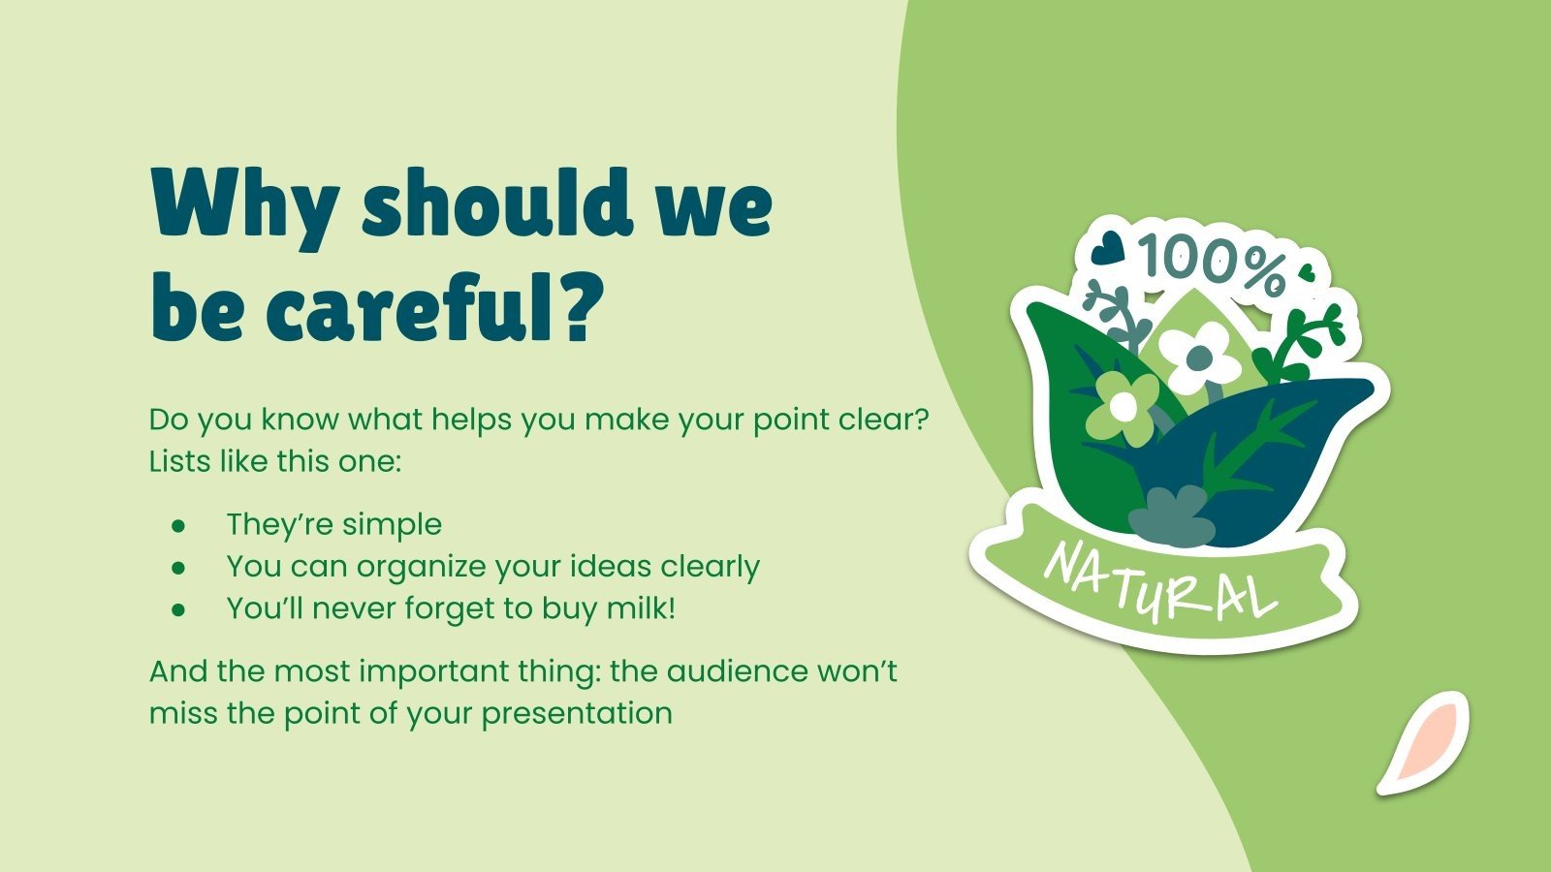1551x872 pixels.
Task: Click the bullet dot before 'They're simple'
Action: point(178,525)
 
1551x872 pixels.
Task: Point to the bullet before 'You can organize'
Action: point(178,568)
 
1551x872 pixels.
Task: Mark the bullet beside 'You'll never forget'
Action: point(178,609)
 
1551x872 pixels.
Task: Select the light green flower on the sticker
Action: point(1122,407)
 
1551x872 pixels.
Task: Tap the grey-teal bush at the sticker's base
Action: point(1172,515)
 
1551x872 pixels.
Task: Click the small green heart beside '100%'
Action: point(1307,272)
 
